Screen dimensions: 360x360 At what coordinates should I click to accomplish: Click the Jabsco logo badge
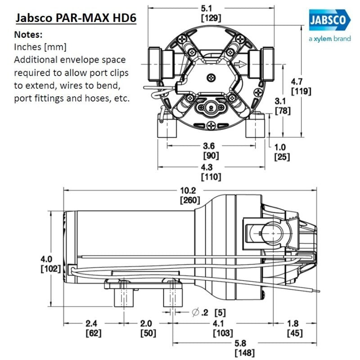point(329,21)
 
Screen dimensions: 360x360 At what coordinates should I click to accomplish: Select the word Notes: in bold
point(29,34)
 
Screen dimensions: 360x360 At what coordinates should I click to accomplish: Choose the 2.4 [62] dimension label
point(93,328)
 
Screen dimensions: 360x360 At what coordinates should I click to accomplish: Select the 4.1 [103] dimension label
point(223,328)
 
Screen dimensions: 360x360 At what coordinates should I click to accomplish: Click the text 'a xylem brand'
point(329,39)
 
